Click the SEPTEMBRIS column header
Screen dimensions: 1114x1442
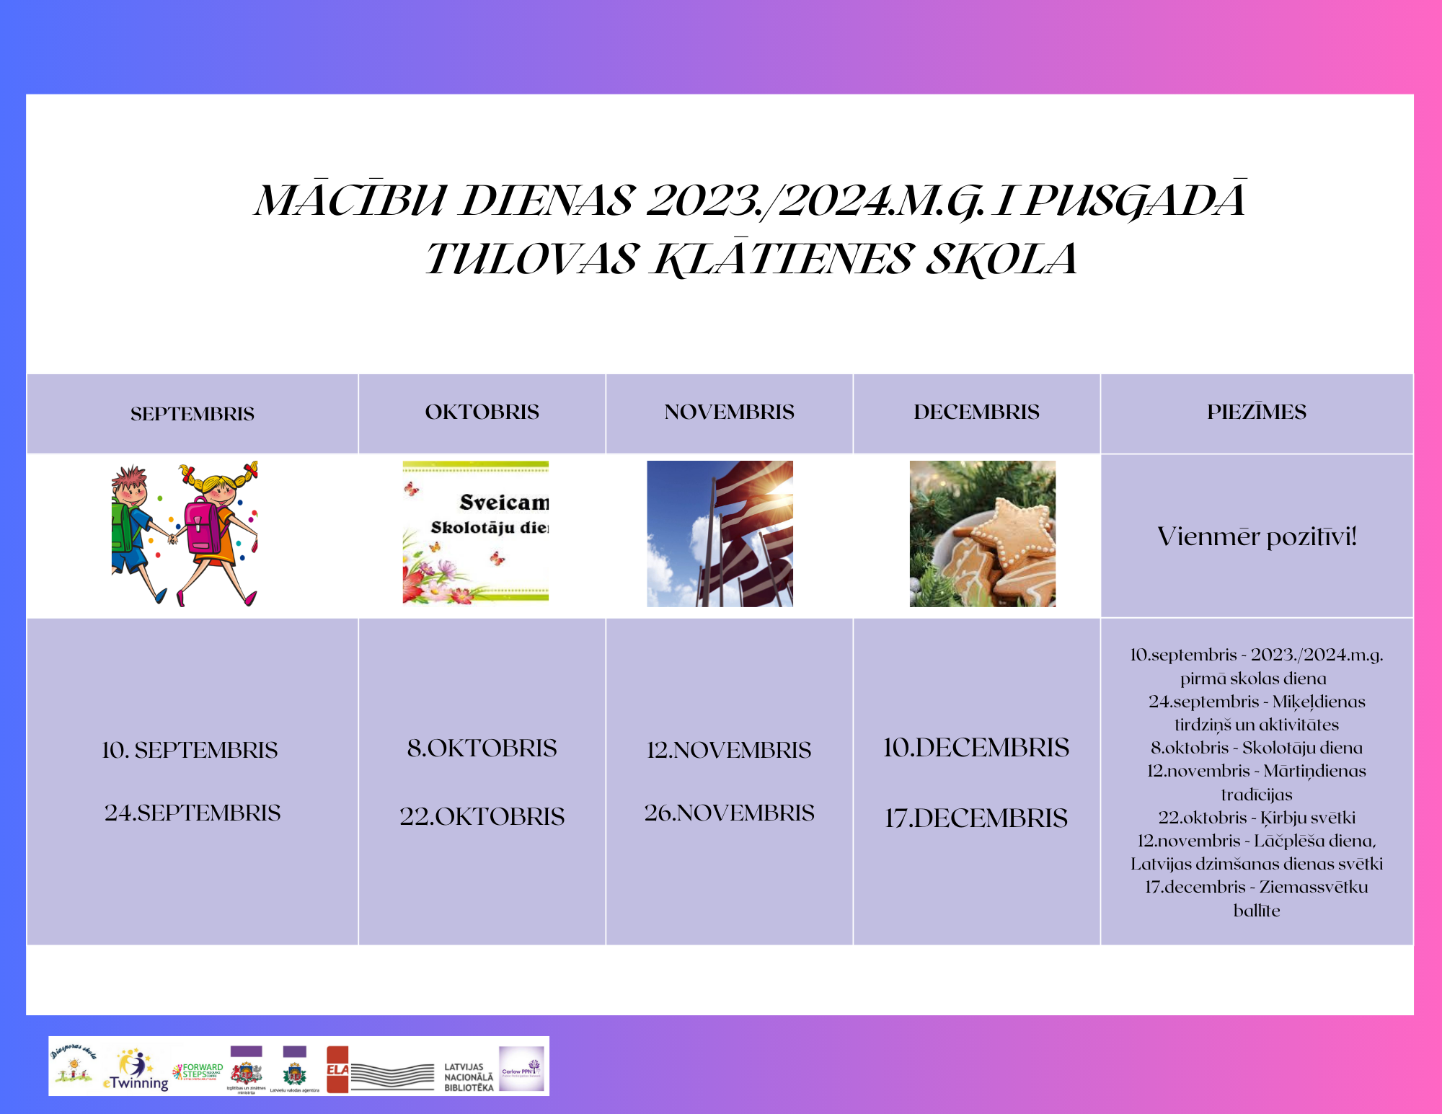(x=193, y=414)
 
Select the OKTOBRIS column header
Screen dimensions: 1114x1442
(x=482, y=412)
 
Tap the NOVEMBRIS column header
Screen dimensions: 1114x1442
(x=729, y=412)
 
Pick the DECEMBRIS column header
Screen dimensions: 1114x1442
(x=976, y=412)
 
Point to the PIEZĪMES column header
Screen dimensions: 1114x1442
(x=1256, y=412)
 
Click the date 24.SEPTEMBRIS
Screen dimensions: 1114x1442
(x=193, y=813)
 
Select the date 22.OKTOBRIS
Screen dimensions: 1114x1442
(x=482, y=816)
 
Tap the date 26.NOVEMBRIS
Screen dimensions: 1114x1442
(x=729, y=813)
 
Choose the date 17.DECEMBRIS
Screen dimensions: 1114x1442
(x=976, y=818)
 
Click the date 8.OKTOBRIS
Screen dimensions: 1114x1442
(x=482, y=748)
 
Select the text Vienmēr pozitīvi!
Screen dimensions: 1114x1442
(x=1256, y=536)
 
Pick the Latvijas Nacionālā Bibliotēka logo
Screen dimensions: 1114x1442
(x=469, y=1077)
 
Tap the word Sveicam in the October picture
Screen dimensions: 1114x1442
(x=504, y=502)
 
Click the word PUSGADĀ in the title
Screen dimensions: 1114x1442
(x=1135, y=201)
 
